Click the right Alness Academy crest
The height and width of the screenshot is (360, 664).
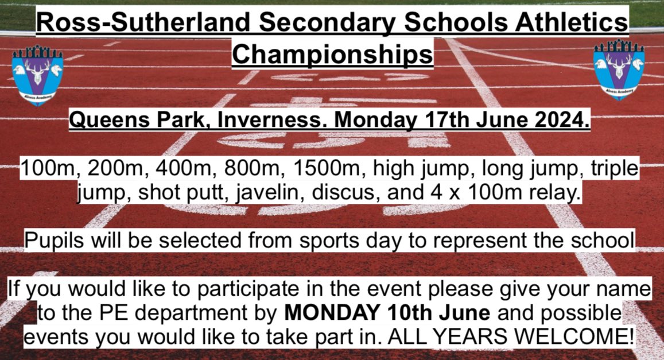pyautogui.click(x=619, y=69)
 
